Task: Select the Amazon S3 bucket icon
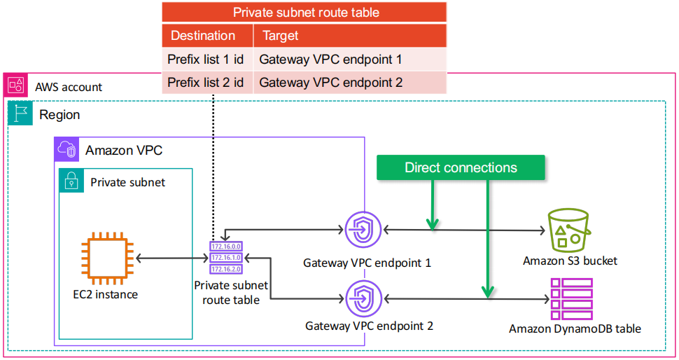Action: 570,230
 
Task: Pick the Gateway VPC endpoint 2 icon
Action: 363,298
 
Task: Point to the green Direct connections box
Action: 461,167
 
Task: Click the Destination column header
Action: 203,35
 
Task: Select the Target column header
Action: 280,35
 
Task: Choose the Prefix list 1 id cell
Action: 206,59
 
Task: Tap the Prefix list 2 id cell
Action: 206,83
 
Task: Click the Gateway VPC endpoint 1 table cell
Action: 331,59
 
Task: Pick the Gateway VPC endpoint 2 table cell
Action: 331,83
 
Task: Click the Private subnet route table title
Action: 306,13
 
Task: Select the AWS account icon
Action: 15,86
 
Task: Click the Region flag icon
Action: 20,113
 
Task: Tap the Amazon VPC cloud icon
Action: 67,150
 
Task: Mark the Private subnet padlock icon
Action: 71,181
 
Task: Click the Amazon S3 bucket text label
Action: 570,261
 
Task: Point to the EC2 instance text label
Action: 106,294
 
